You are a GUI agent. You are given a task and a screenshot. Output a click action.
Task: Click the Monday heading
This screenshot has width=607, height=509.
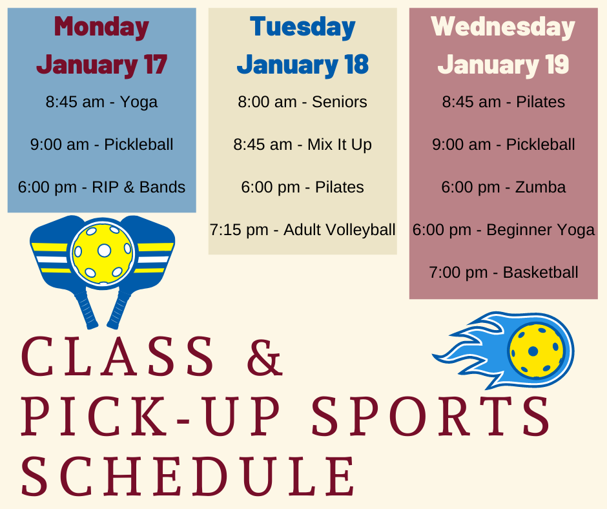pos(101,27)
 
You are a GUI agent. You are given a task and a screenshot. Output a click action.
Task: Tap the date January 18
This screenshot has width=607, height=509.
pos(303,65)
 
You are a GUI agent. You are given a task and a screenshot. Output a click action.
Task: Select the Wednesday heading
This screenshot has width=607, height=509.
pos(503,27)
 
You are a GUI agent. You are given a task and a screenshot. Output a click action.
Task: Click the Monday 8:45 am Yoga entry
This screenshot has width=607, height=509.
pos(101,102)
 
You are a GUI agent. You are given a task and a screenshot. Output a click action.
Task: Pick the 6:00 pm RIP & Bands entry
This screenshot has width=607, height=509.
pos(101,187)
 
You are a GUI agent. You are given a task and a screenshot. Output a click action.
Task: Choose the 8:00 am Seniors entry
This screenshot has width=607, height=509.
pos(302,102)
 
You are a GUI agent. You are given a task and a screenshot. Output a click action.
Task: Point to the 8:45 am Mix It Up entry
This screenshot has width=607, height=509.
pos(302,145)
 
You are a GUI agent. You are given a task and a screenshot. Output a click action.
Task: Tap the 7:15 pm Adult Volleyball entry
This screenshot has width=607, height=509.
pos(302,230)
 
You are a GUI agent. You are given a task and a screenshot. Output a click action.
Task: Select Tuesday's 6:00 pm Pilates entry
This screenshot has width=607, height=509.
pos(302,187)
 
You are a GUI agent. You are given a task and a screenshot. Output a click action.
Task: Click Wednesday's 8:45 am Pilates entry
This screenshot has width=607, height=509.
pos(503,102)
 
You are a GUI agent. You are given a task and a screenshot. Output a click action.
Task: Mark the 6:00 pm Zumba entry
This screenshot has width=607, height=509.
pos(503,187)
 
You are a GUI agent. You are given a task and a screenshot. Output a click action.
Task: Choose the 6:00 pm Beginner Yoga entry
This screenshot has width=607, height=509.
pos(503,230)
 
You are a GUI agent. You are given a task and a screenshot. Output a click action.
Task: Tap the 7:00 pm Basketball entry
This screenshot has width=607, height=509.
pos(503,273)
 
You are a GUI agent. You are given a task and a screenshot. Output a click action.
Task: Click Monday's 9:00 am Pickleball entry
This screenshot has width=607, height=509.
pos(101,145)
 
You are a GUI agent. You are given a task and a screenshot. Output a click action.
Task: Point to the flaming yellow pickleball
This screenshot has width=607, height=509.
pos(536,351)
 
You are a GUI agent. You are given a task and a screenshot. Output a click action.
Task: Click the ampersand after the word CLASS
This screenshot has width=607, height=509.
pos(265,357)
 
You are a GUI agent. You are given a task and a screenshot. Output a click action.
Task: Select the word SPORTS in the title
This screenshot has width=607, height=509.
pos(431,417)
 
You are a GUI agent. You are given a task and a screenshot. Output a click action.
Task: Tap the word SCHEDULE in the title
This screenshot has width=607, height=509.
pos(188,477)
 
